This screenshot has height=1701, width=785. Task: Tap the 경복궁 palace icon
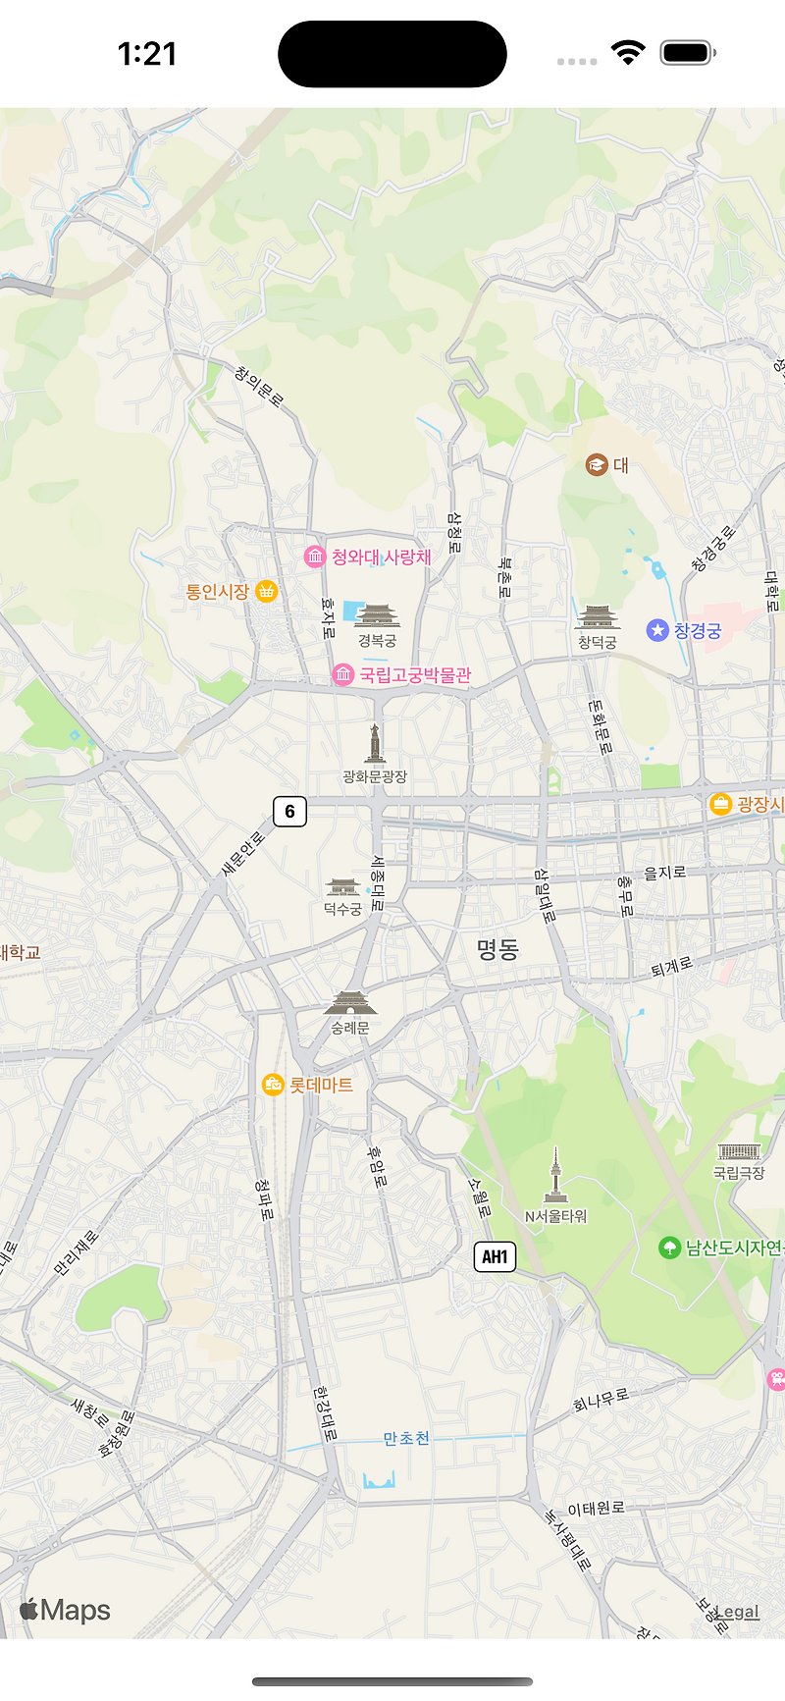pos(377,615)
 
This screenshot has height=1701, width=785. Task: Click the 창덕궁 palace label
pos(597,642)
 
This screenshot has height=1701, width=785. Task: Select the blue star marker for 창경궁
pos(657,630)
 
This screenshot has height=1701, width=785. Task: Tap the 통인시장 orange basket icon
pos(266,591)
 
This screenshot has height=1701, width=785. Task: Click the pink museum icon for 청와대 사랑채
pos(314,558)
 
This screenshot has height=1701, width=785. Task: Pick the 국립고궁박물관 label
pos(415,675)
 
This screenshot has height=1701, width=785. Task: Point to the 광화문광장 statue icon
pos(374,744)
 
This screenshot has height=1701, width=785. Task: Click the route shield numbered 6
pos(289,812)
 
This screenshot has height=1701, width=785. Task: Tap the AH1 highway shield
pos(495,1256)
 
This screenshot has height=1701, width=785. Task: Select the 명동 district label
pos(497,949)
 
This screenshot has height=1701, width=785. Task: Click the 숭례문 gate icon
pos(349,1003)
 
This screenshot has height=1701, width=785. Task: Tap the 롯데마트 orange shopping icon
pos(273,1085)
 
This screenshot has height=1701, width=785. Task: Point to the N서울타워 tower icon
pos(555,1175)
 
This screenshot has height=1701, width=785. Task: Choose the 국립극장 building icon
pos(739,1152)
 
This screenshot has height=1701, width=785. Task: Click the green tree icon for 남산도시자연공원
pos(669,1248)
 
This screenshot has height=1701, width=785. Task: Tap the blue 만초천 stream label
pos(406,1439)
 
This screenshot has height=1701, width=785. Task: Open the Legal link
pos(738,1612)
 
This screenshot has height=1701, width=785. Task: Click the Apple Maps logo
pos(65,1611)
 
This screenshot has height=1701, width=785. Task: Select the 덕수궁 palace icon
pos(342,887)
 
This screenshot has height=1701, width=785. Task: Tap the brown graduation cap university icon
pos(597,464)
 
